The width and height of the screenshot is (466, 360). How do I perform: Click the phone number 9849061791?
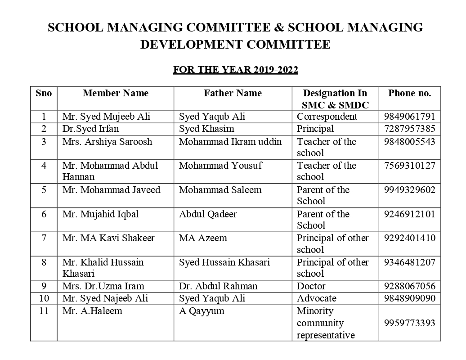(x=409, y=117)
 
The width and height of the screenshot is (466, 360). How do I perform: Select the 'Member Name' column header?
(x=116, y=93)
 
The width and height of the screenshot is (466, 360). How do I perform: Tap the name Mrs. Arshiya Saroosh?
(x=107, y=142)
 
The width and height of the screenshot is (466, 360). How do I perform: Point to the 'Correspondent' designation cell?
(x=327, y=117)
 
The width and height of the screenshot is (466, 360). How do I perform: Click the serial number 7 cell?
(x=44, y=238)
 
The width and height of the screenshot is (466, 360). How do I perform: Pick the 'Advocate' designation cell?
(x=316, y=298)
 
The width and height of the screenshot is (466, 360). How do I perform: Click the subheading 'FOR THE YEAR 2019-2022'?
(x=236, y=70)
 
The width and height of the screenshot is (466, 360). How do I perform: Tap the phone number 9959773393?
(x=409, y=323)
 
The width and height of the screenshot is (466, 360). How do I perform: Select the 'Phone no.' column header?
(x=409, y=93)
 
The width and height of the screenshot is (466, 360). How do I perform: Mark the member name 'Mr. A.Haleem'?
(x=92, y=310)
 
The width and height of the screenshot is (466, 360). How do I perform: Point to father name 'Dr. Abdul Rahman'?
(x=218, y=286)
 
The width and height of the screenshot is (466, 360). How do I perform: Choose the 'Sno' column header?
(x=44, y=93)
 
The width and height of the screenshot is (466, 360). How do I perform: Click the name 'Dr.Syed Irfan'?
(x=90, y=129)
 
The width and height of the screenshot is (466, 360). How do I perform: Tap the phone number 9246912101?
(x=409, y=214)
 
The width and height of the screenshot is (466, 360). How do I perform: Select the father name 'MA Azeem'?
(x=203, y=238)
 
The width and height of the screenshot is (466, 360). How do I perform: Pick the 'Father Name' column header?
(x=233, y=93)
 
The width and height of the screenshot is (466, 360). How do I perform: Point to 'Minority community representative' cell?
(x=326, y=323)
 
